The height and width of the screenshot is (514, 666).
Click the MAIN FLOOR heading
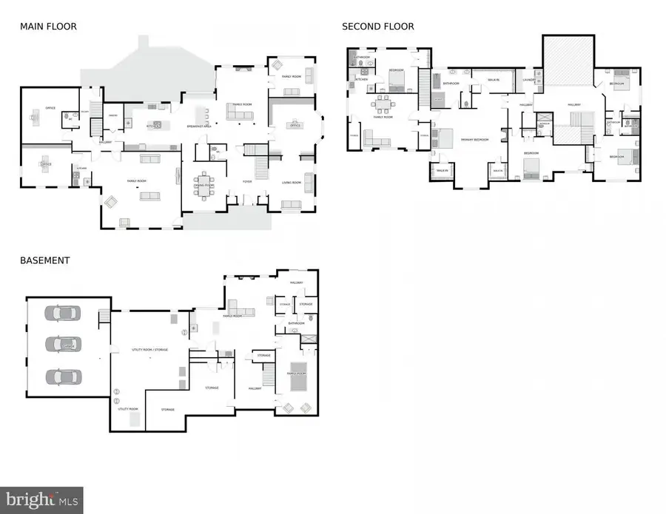point(48,27)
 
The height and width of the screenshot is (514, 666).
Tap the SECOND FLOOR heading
point(377,27)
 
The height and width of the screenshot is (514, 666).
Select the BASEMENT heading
point(45,260)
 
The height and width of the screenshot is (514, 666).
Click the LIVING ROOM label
point(291,182)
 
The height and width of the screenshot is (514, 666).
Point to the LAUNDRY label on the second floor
point(528,80)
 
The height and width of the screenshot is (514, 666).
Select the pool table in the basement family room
point(297,372)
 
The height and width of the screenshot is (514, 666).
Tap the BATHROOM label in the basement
point(297,323)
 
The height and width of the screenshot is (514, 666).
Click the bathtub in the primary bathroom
point(438,98)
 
